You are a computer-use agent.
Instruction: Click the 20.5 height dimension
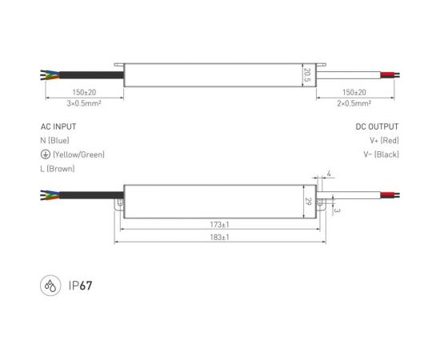306,74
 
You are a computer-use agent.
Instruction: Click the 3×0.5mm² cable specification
83,104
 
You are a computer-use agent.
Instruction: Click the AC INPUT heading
59,126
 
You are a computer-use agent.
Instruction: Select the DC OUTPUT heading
377,126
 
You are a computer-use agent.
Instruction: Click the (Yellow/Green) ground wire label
78,154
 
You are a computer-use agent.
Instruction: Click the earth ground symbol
45,154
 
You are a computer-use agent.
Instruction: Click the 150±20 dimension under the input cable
83,94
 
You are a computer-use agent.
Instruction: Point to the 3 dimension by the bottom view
338,211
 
